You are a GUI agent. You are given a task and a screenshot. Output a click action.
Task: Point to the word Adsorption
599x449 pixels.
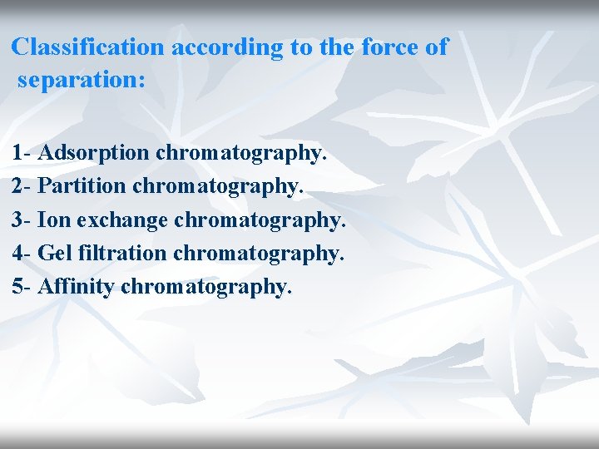point(94,154)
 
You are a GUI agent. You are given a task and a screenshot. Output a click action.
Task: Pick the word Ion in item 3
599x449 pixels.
point(52,220)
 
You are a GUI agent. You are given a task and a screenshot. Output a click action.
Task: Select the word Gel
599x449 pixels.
point(55,253)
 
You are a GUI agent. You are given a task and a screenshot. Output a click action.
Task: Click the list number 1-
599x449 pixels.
point(22,154)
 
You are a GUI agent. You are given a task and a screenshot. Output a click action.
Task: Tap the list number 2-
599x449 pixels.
point(22,187)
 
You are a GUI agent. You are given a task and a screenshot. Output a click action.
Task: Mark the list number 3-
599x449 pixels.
point(22,220)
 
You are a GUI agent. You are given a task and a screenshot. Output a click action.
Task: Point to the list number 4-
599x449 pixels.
point(22,253)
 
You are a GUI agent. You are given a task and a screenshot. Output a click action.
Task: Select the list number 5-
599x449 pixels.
point(22,286)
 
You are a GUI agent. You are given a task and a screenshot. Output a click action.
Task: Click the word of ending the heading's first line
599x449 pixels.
point(437,47)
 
